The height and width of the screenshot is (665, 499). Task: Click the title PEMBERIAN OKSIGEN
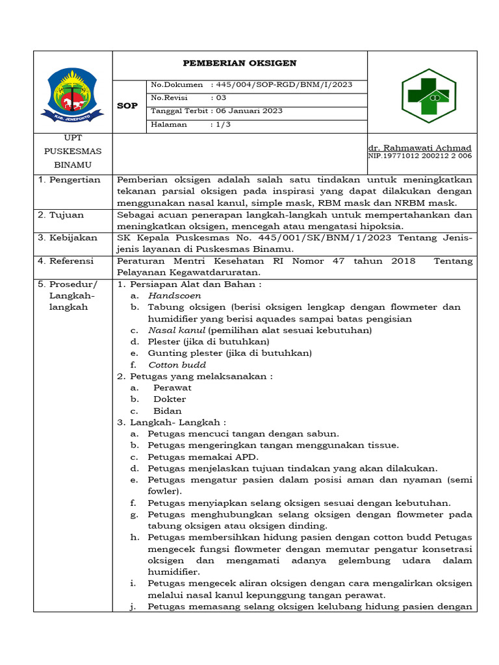[240, 63]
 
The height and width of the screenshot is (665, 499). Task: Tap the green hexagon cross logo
[428, 96]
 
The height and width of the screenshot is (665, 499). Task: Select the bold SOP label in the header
[128, 105]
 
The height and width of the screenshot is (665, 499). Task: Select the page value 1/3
[224, 124]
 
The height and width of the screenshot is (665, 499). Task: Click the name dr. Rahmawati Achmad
[420, 147]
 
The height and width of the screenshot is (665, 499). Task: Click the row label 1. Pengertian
[69, 180]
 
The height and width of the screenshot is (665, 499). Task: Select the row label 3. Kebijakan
[68, 238]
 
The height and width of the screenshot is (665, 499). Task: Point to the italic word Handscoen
[174, 295]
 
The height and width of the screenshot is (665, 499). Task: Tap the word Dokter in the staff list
[170, 399]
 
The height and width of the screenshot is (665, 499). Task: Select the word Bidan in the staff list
[168, 410]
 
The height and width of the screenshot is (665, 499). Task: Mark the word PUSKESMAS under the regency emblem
[73, 151]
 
